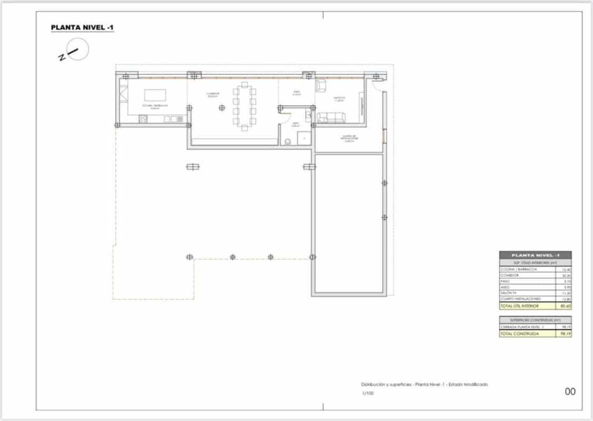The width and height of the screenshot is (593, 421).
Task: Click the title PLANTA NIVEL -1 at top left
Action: coord(82,27)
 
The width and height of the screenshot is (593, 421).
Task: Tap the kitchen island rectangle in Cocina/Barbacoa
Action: coord(155,95)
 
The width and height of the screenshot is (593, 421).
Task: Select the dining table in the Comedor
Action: coord(245,106)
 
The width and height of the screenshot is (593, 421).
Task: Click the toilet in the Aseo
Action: coord(287,142)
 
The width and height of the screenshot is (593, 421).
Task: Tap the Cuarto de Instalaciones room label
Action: coord(349,138)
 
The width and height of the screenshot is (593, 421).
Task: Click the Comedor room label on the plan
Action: coord(213,94)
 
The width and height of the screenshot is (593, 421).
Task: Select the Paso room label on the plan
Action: coord(297,93)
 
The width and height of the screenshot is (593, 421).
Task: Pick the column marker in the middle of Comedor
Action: coord(222,108)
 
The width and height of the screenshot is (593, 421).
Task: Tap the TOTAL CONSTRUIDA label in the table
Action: coord(518,334)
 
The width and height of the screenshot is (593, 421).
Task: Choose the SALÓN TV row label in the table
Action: coord(509,293)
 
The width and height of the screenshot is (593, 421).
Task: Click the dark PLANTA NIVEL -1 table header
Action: coord(535,255)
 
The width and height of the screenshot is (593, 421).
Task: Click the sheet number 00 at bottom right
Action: coord(570,392)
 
